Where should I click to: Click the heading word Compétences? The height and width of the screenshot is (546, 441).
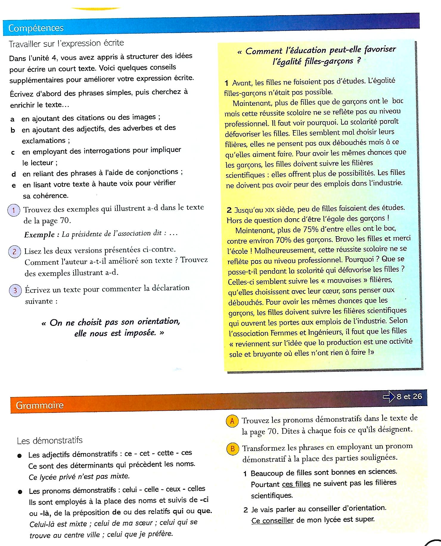pyautogui.click(x=36, y=28)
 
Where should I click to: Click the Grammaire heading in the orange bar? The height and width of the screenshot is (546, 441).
pyautogui.click(x=40, y=405)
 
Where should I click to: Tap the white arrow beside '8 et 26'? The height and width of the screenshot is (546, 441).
pyautogui.click(x=389, y=396)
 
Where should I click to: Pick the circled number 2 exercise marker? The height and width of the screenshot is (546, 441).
pyautogui.click(x=14, y=252)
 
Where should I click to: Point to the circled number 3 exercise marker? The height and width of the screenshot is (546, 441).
pyautogui.click(x=15, y=290)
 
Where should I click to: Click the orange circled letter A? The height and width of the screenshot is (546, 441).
pyautogui.click(x=232, y=421)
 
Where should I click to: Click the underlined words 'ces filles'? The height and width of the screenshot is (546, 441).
pyautogui.click(x=296, y=484)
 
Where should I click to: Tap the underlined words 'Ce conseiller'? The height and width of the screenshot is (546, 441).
pyautogui.click(x=272, y=520)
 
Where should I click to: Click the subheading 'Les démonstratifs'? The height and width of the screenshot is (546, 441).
pyautogui.click(x=49, y=441)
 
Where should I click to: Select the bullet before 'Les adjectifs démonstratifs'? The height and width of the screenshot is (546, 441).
pyautogui.click(x=19, y=456)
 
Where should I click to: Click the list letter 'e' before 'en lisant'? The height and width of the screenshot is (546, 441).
pyautogui.click(x=14, y=186)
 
